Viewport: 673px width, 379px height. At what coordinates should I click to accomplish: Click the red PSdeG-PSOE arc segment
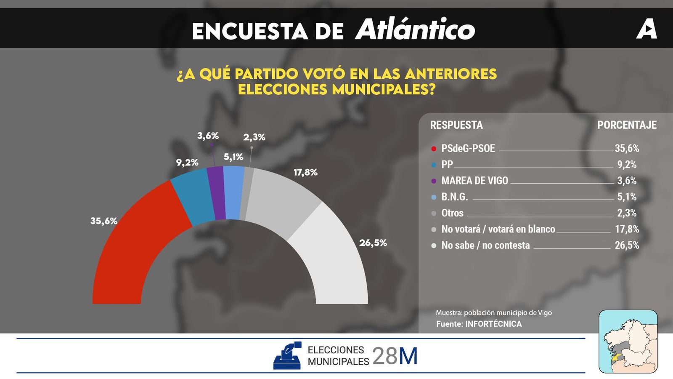point(135,244)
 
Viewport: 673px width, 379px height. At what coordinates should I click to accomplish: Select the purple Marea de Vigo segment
point(217,193)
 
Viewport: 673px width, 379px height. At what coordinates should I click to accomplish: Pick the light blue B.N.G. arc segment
point(234,192)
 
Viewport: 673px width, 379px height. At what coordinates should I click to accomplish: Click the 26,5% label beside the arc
point(373,243)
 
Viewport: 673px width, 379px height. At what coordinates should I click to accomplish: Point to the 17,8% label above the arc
point(305,172)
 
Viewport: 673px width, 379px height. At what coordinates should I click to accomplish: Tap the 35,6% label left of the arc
point(103,221)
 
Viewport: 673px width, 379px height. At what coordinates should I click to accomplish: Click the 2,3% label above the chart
point(254,137)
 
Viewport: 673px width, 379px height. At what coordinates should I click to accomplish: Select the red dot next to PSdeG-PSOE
point(434,149)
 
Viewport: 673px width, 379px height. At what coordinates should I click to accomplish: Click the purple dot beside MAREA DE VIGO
point(434,181)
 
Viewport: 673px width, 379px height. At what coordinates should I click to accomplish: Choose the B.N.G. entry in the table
point(454,197)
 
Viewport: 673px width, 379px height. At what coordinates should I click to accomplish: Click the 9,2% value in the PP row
point(627,165)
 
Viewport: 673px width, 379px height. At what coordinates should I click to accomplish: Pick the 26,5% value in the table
point(627,246)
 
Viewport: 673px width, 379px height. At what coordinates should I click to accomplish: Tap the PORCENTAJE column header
point(627,125)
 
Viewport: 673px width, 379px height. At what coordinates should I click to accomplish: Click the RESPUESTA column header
point(456,125)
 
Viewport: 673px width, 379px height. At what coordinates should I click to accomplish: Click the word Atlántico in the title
point(415,29)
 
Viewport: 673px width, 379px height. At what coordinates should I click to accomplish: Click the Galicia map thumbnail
point(628,342)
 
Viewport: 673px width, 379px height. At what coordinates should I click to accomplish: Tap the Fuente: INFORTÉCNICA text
point(479,324)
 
